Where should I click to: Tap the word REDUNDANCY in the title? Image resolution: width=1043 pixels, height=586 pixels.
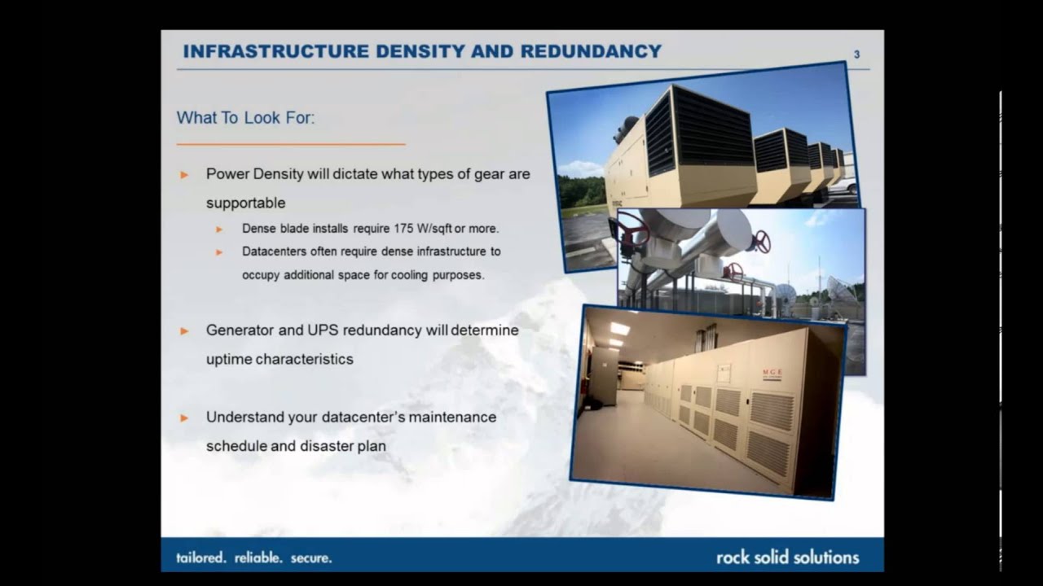click(591, 51)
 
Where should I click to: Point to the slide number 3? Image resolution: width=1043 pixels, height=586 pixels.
click(856, 55)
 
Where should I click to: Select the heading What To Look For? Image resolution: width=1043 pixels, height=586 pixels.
click(245, 118)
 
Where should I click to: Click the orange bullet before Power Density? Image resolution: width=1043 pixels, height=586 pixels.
click(185, 174)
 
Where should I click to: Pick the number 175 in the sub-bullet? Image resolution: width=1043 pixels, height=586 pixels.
click(405, 229)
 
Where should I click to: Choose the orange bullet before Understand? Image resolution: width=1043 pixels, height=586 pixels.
click(185, 418)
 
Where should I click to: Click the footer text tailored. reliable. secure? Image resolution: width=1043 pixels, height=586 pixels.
click(254, 558)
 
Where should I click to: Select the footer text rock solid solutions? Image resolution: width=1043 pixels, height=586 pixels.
click(787, 558)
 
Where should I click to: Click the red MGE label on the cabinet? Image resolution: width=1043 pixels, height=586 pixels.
click(772, 374)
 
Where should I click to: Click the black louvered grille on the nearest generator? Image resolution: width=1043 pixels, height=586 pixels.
click(711, 129)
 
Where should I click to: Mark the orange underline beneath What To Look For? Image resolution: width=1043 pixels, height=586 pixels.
click(291, 144)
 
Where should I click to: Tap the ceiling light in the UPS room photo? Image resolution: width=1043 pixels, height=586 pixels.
click(620, 329)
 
